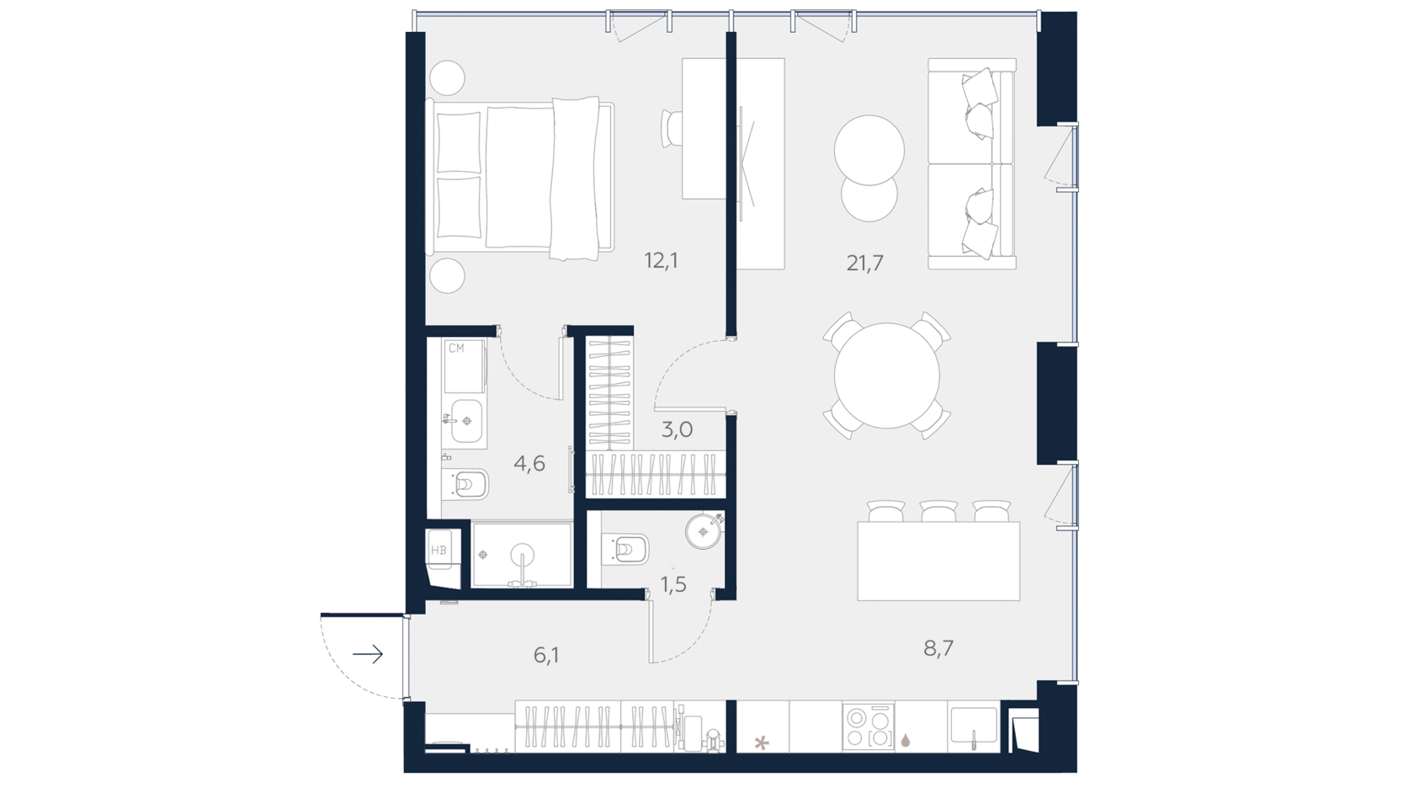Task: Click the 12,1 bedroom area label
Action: (661, 260)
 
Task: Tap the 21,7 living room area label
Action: (865, 263)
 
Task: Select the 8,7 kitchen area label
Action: (938, 648)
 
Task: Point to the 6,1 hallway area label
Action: (546, 655)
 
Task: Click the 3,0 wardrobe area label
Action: (677, 430)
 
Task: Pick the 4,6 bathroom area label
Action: (529, 464)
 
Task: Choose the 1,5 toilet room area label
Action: (673, 584)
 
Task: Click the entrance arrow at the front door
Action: (368, 654)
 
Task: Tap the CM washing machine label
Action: (456, 348)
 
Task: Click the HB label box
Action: (439, 550)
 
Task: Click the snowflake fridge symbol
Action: (762, 743)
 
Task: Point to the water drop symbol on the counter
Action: (906, 740)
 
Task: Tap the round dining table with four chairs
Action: (887, 375)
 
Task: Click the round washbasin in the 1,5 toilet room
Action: (704, 530)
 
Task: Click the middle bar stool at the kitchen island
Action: (938, 511)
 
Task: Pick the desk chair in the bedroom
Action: (672, 130)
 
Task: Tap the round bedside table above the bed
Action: (447, 78)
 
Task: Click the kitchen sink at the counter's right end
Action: (973, 726)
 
